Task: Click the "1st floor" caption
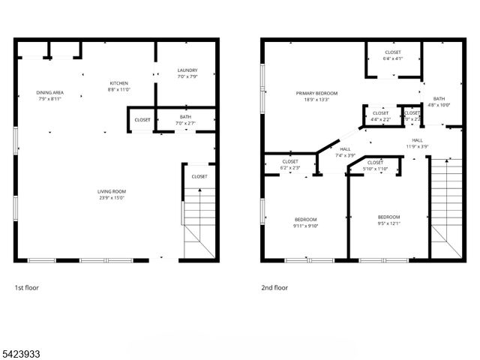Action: (26, 287)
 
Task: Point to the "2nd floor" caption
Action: (274, 287)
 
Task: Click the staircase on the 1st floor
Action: (199, 221)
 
